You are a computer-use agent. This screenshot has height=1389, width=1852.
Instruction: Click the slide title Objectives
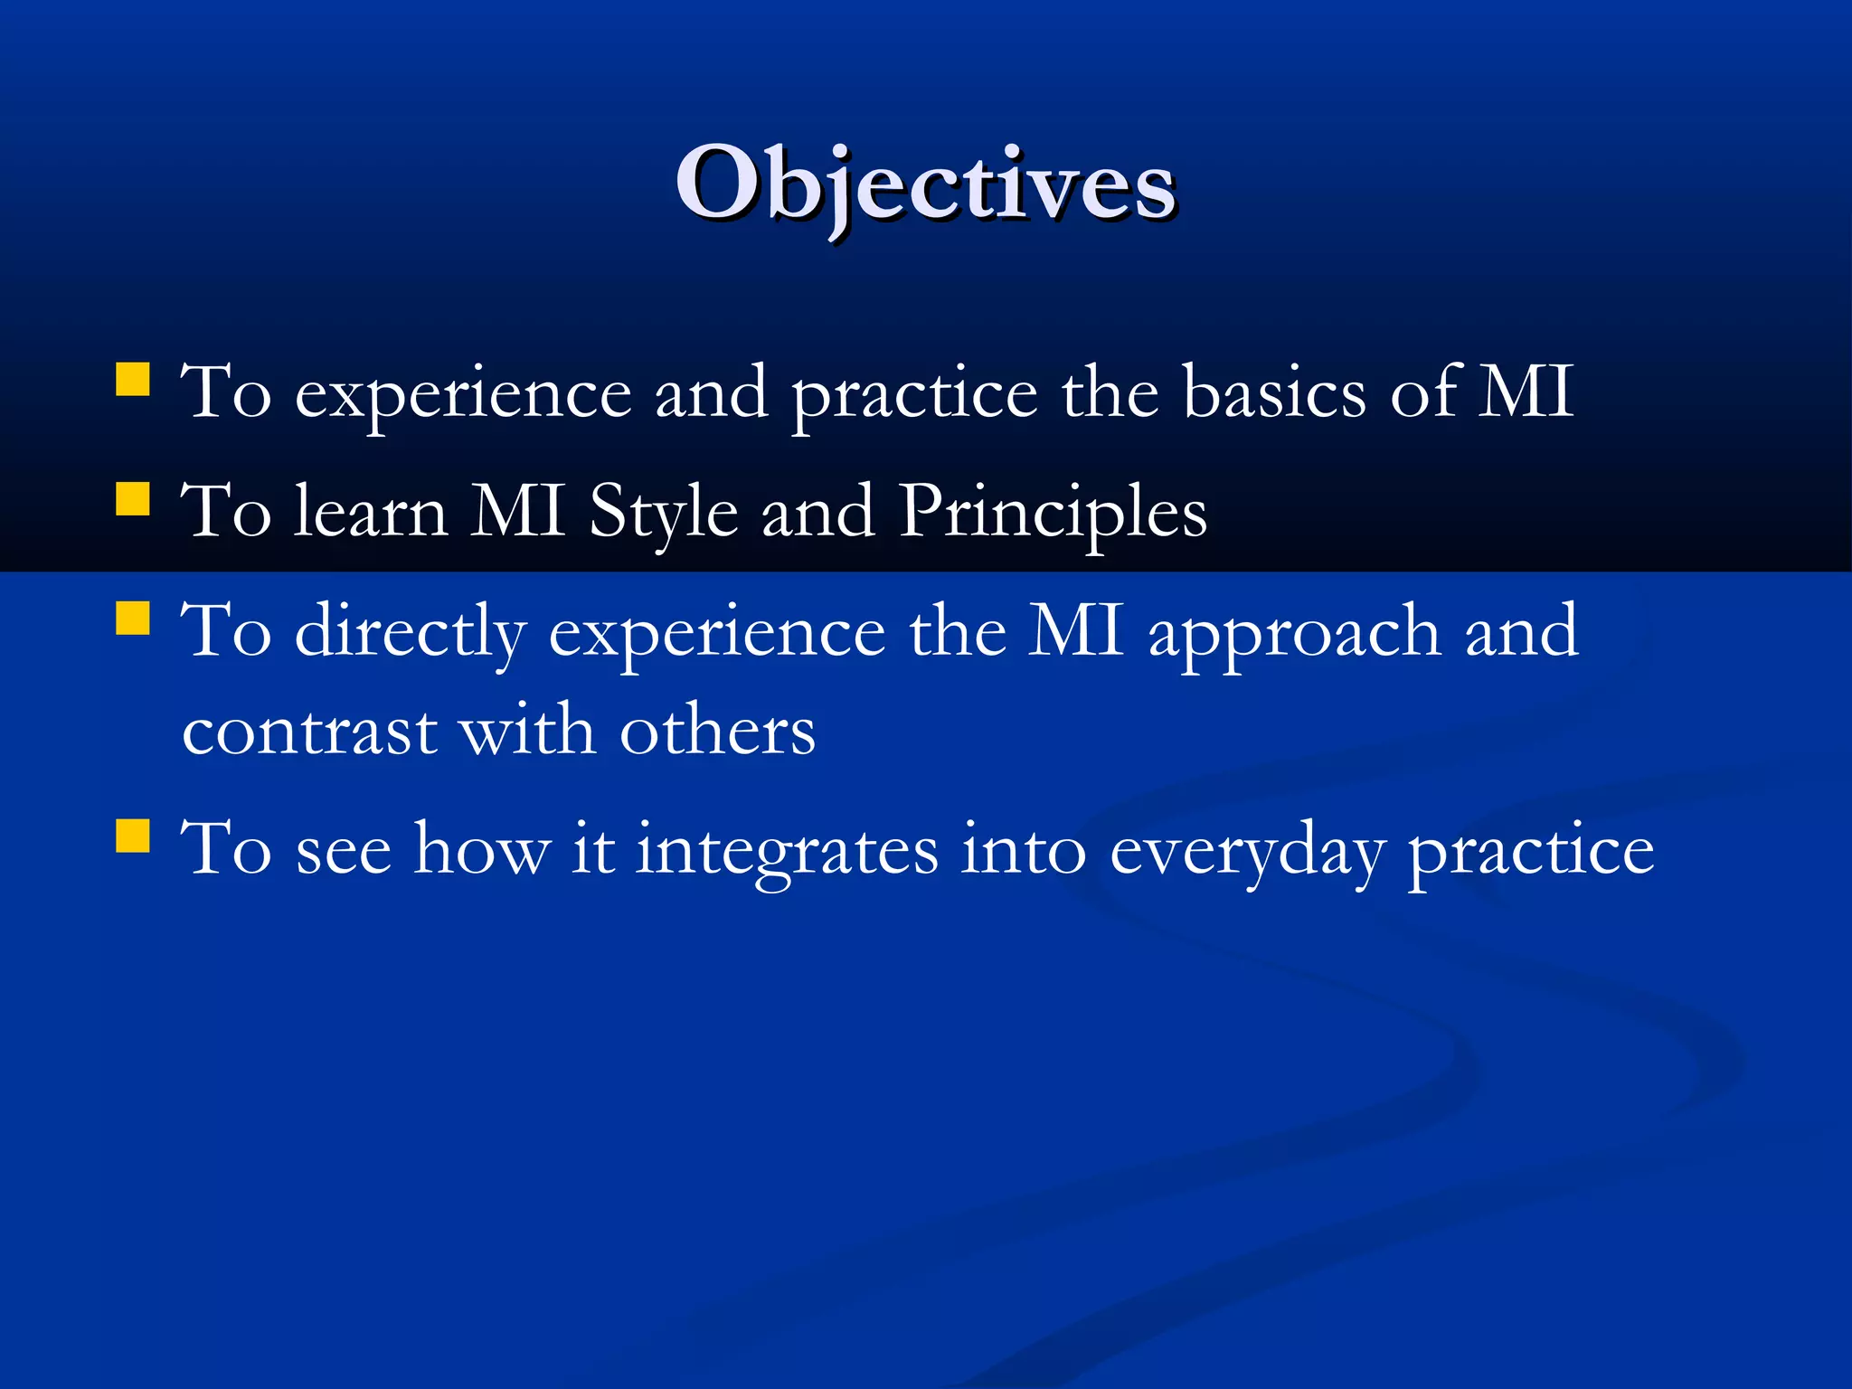[925, 184]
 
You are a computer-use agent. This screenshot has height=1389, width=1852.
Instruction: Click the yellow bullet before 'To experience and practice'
[133, 380]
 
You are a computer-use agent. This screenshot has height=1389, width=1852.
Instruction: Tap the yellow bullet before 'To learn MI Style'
[133, 498]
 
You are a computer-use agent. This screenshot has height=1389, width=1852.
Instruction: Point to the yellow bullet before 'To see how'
[133, 836]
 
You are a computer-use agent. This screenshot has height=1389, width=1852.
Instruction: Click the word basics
[1274, 392]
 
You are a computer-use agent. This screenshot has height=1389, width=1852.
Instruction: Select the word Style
[663, 513]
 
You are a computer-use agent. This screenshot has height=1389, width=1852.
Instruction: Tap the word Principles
[1053, 513]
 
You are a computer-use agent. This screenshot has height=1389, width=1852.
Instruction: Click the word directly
[411, 632]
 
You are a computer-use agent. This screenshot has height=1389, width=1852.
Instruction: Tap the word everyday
[1247, 852]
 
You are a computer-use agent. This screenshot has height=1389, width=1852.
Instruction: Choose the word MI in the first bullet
[1526, 392]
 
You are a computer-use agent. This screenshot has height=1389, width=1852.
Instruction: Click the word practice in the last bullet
[1531, 852]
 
